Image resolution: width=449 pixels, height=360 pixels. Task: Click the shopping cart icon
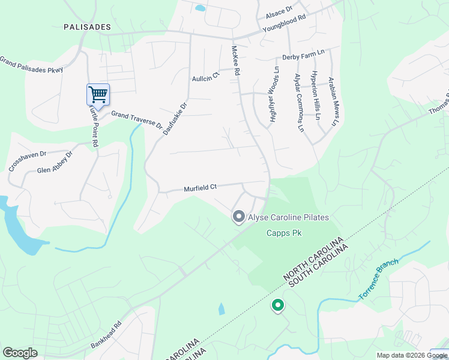tap(98, 94)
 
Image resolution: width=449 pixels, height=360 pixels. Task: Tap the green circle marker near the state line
tap(277, 306)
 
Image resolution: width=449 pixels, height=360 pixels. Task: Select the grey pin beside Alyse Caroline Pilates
tap(238, 217)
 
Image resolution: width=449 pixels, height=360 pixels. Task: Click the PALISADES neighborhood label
tap(88, 27)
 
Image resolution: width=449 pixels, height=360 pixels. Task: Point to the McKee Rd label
tap(237, 61)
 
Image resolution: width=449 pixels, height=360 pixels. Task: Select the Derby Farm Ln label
tap(303, 55)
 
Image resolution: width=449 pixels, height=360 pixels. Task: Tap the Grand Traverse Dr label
tap(136, 119)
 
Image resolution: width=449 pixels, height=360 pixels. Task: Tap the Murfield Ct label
tap(200, 188)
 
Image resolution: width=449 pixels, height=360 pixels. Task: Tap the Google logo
tap(20, 352)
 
